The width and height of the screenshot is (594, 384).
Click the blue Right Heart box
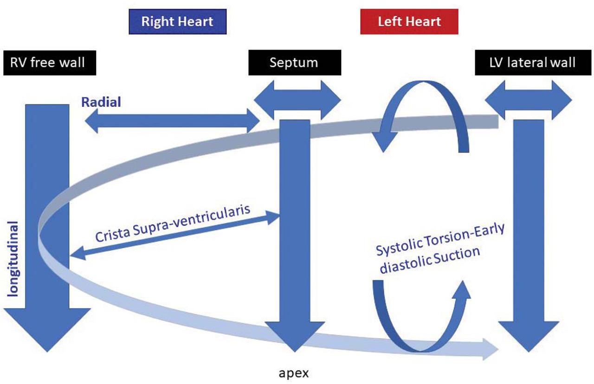(x=177, y=22)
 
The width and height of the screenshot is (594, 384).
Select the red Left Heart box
(x=409, y=22)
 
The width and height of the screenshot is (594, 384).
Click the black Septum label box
(x=294, y=63)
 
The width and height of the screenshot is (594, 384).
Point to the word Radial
(x=101, y=102)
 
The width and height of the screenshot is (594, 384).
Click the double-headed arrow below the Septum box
(x=297, y=100)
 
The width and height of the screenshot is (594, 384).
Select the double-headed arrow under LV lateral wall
(x=528, y=100)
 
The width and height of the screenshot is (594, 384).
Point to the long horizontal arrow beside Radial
(x=172, y=121)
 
